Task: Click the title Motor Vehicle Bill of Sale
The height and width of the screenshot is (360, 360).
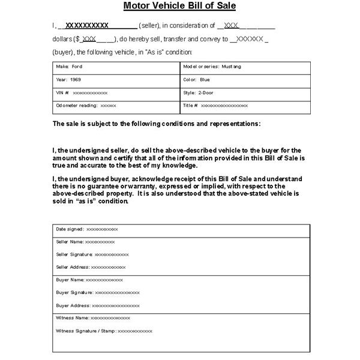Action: (x=180, y=7)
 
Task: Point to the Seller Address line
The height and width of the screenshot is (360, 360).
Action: (x=91, y=267)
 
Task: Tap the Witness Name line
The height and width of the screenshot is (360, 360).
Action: (x=92, y=317)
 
